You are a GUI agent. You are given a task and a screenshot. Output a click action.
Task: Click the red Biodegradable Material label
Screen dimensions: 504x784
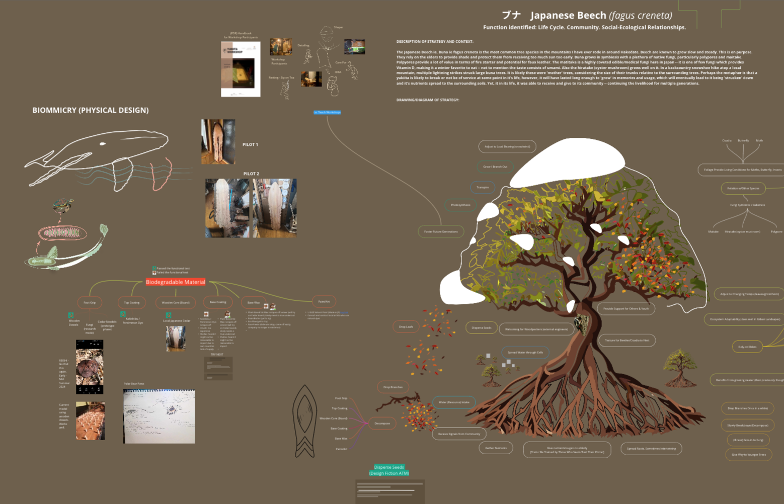[175, 282]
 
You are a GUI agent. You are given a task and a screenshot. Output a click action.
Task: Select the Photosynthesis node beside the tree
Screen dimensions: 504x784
[460, 205]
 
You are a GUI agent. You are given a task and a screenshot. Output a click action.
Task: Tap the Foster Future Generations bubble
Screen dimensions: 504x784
[441, 231]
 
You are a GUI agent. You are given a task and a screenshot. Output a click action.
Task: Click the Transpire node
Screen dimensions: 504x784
[483, 187]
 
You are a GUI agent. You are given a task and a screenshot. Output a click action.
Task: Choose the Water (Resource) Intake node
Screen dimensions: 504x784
[453, 402]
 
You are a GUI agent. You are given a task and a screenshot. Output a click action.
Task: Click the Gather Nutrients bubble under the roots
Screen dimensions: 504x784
[496, 448]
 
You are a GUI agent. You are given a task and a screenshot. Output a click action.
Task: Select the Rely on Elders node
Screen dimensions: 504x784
[747, 347]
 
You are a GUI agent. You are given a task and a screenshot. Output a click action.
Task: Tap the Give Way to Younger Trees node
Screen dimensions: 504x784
[749, 454]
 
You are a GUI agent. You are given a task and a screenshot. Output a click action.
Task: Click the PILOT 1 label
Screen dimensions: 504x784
[250, 144]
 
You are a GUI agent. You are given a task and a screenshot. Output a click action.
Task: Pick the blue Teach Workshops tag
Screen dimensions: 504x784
[327, 112]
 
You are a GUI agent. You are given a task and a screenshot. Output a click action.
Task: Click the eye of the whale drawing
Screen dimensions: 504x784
[103, 144]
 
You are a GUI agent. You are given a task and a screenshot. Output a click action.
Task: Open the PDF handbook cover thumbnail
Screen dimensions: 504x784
[241, 69]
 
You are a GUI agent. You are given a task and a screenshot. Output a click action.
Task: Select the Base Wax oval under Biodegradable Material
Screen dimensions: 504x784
[254, 302]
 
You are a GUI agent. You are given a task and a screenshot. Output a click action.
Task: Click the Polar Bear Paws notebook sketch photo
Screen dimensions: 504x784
[159, 416]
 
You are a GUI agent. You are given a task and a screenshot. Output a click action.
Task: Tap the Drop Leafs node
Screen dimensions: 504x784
[406, 326]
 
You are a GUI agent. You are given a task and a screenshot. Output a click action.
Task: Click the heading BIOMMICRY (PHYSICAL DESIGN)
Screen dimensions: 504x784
[91, 110]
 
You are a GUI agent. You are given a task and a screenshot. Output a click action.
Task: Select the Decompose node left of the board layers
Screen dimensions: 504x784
[382, 423]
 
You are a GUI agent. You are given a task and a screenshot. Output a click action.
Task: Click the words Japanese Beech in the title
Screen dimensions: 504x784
[568, 16]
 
